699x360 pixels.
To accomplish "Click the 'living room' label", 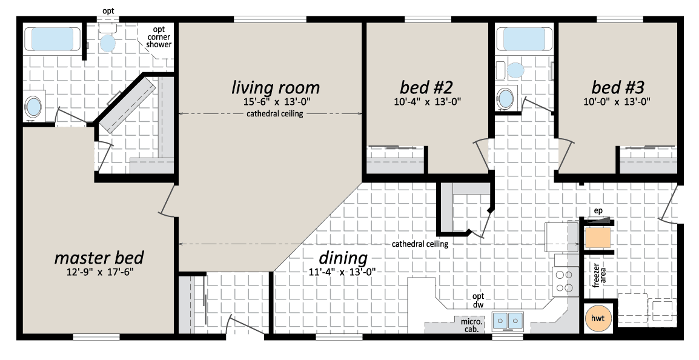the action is [x=276, y=87].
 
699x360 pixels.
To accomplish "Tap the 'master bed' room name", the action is [x=99, y=258].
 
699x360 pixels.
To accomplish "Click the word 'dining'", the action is [x=343, y=258].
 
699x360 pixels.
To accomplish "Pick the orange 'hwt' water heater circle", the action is [x=597, y=318].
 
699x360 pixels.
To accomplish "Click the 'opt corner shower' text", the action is [x=159, y=37].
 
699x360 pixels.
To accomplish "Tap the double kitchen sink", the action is [x=508, y=320].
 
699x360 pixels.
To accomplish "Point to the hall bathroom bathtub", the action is [x=524, y=39].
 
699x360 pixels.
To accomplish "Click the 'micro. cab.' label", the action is [x=471, y=325].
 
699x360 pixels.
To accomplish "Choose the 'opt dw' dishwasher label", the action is [x=479, y=300].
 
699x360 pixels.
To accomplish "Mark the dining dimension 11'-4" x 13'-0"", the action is [x=342, y=272].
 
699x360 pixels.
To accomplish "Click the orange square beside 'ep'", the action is [x=598, y=238].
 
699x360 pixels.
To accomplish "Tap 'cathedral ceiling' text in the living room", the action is [x=274, y=114].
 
